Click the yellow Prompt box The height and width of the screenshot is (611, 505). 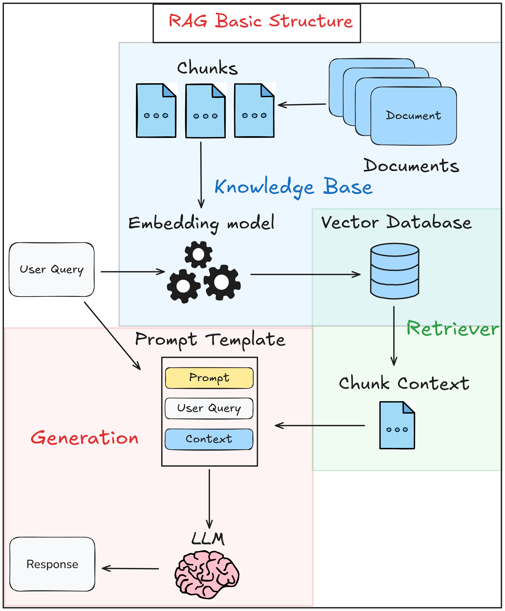tap(209, 378)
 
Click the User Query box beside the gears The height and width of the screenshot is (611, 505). tap(51, 269)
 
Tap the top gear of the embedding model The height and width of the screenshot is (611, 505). tap(198, 254)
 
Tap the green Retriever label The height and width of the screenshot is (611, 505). tap(452, 329)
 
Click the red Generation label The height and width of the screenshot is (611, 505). tap(84, 438)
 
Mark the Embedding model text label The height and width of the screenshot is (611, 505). tap(201, 223)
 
